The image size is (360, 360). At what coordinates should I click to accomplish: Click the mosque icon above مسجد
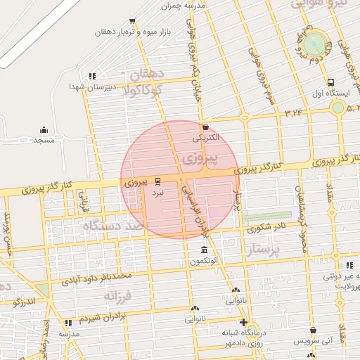tap(44, 129)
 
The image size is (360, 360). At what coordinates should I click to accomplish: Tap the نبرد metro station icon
tap(157, 180)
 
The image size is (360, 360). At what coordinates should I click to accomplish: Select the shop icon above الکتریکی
tap(205, 127)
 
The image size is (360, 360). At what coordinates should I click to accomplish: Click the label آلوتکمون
tap(204, 262)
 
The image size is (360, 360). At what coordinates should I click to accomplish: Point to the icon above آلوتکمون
tap(204, 251)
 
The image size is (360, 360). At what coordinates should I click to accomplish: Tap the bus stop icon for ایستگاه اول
tap(330, 82)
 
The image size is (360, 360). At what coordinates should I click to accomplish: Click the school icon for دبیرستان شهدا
tap(91, 76)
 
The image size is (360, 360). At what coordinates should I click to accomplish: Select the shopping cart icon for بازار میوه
tap(132, 21)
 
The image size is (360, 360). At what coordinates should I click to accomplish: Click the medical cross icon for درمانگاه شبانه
tap(243, 323)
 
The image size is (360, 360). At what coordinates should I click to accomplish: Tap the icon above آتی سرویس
tap(312, 330)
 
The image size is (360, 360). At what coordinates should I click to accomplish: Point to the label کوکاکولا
tap(143, 90)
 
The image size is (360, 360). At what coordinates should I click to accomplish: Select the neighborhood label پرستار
tap(264, 250)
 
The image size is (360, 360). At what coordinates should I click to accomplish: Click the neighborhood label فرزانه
tap(119, 297)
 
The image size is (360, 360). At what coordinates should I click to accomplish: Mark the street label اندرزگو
tap(25, 302)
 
